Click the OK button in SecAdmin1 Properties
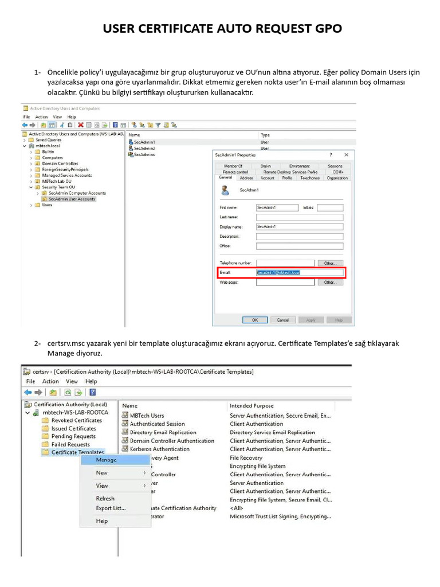point(255,320)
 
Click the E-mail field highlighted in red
point(300,272)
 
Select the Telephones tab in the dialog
point(310,178)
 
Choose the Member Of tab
point(233,166)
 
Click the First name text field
point(277,207)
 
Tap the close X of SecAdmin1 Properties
point(346,155)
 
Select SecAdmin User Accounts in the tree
point(72,199)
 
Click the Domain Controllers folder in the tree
point(60,163)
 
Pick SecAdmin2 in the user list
point(144,148)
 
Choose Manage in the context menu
point(107,460)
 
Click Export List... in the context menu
point(111,508)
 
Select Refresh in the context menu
point(105,499)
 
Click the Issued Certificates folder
point(73,428)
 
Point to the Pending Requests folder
point(73,436)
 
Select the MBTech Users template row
point(147,416)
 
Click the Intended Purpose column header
point(252,405)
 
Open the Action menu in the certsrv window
point(50,381)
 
